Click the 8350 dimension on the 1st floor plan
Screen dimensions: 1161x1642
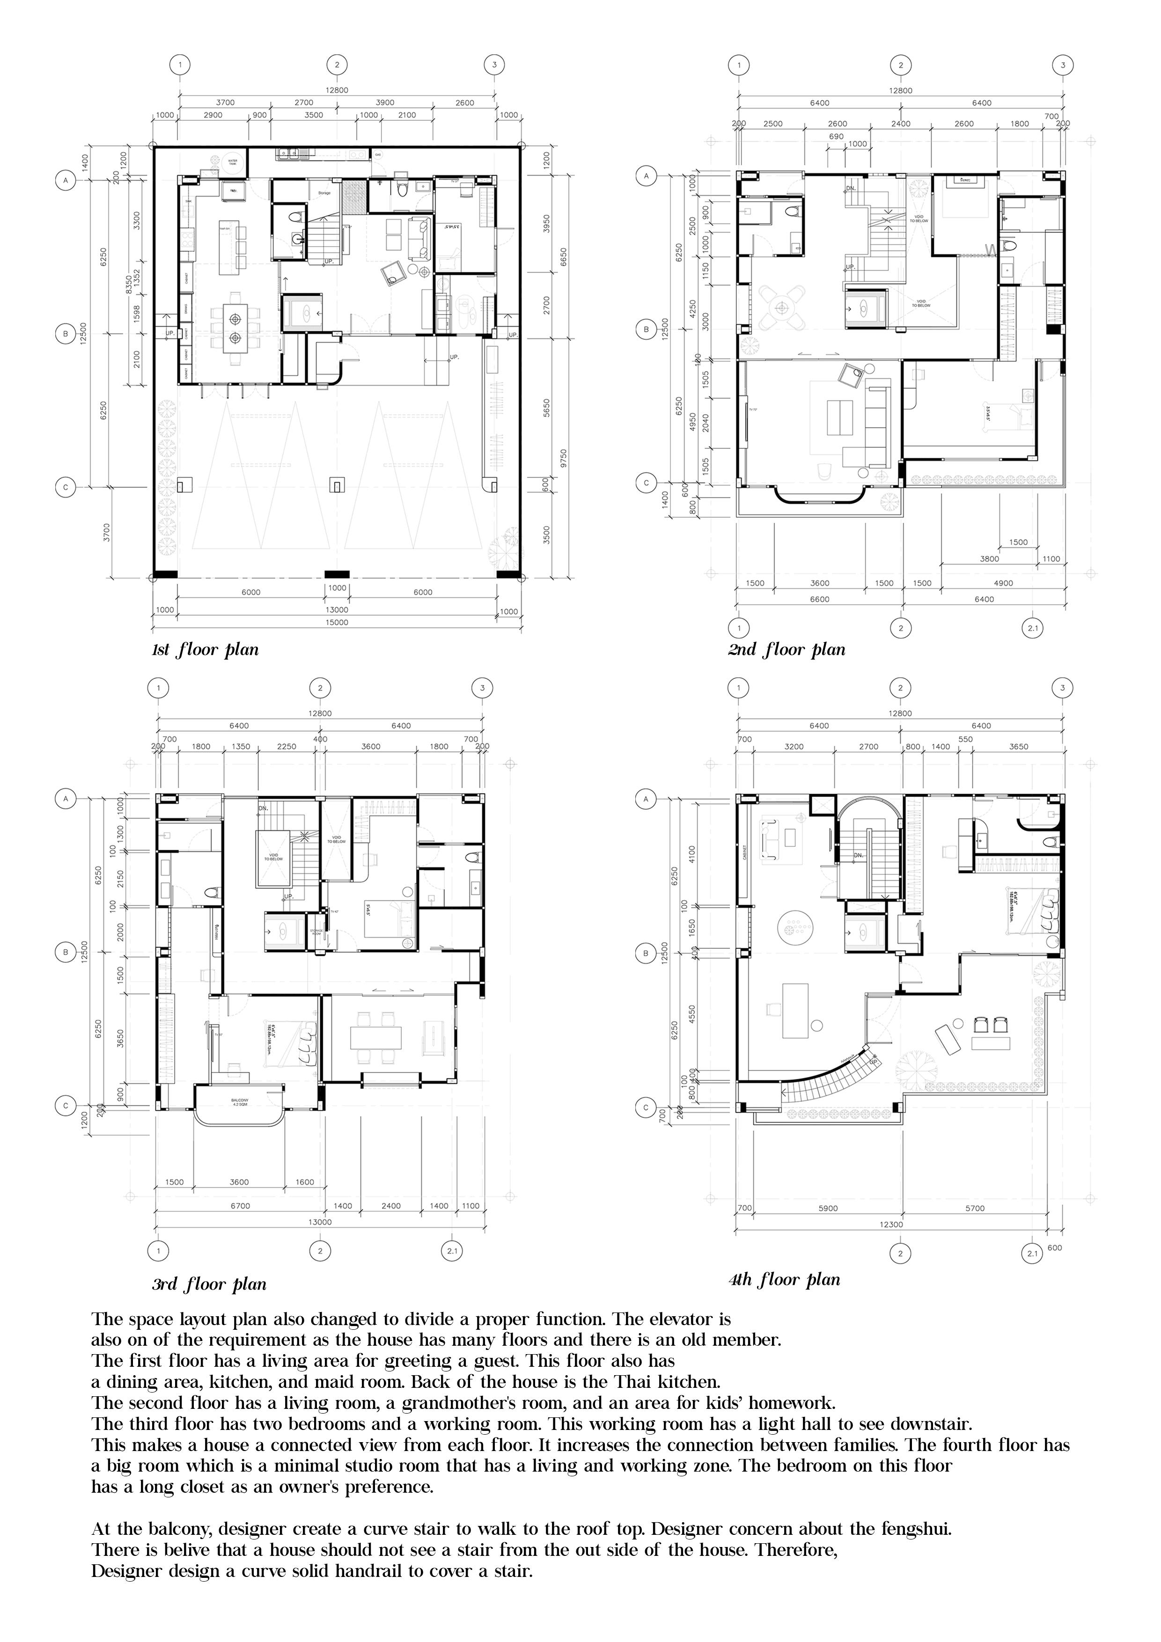129,285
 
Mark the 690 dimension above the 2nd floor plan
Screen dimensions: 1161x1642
836,136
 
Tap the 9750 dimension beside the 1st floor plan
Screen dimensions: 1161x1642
564,458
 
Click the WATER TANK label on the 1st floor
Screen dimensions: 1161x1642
233,162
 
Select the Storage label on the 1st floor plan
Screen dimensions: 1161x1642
324,193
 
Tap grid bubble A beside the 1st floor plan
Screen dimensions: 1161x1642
66,181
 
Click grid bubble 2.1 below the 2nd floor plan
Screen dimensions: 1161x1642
1032,629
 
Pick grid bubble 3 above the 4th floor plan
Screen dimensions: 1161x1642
1062,688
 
